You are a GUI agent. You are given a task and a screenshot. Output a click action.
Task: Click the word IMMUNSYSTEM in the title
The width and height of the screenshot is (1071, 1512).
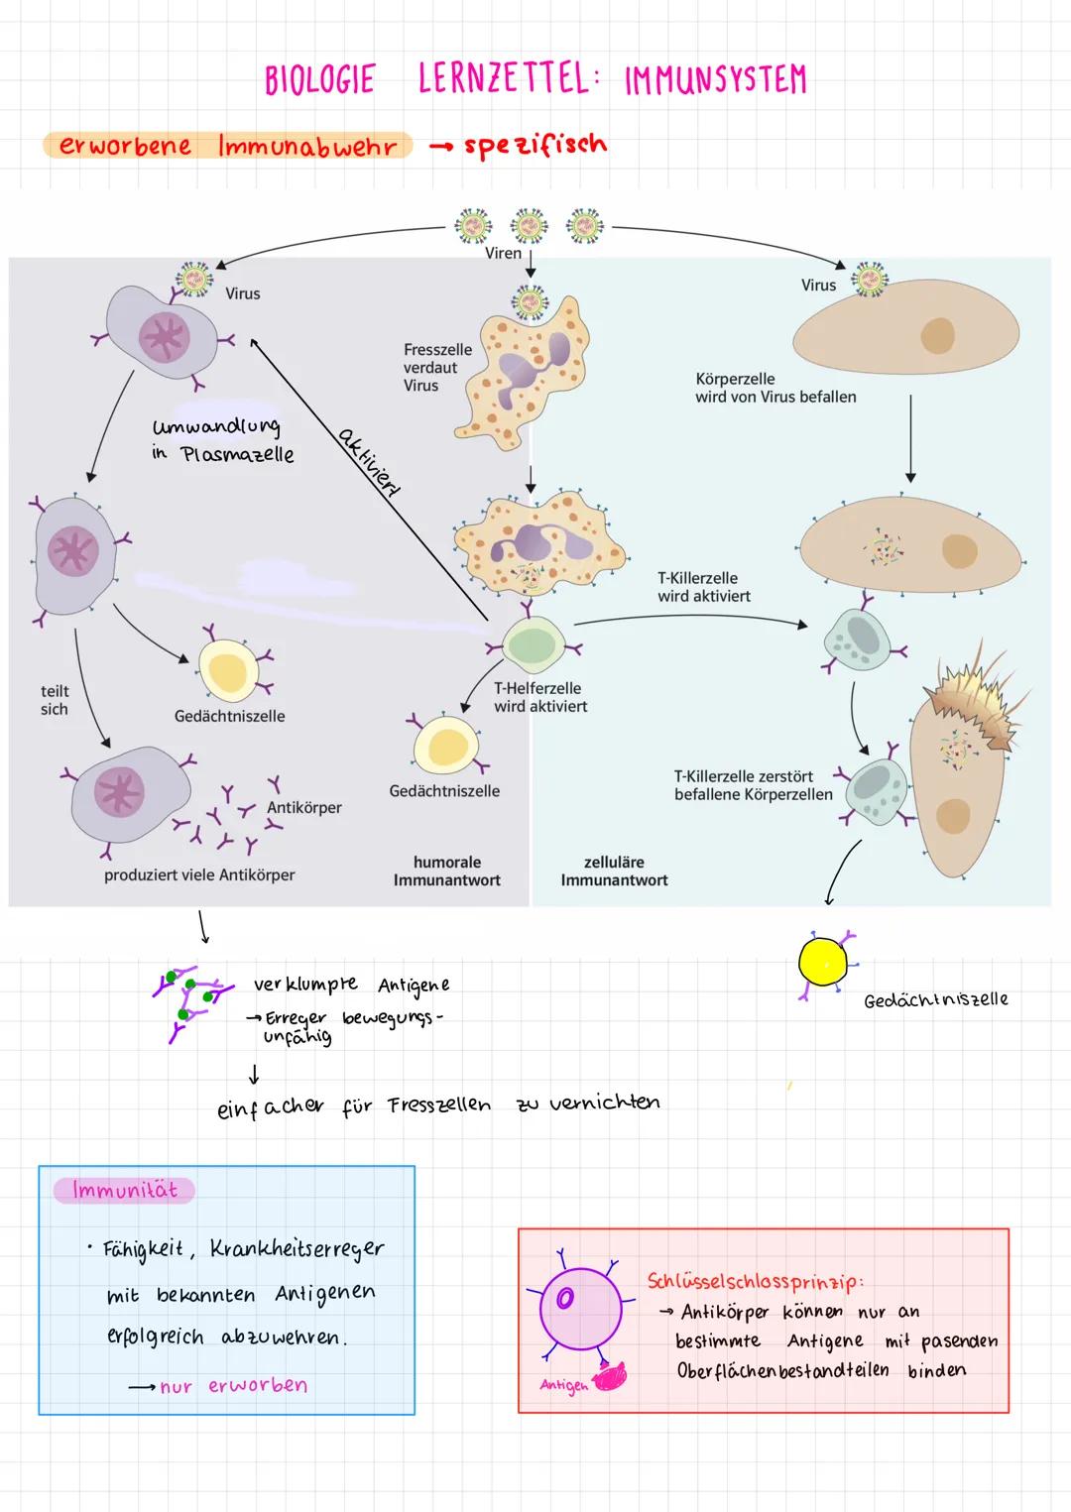(x=715, y=80)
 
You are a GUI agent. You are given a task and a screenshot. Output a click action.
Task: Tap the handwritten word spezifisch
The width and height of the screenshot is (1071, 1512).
(x=535, y=146)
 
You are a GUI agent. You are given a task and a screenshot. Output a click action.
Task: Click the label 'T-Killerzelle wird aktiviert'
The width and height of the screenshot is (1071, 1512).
(x=703, y=587)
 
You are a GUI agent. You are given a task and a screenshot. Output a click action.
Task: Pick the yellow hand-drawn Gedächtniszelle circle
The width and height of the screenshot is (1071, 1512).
(x=823, y=962)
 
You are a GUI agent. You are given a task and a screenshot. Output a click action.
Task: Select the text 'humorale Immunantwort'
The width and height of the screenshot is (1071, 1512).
(x=446, y=872)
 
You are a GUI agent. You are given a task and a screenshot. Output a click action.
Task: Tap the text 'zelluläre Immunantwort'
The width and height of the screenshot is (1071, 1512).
(x=614, y=872)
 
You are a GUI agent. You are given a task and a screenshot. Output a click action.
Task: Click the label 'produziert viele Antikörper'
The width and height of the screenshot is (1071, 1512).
(x=199, y=875)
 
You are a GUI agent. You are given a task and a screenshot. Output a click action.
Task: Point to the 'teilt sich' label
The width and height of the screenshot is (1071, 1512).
(x=55, y=700)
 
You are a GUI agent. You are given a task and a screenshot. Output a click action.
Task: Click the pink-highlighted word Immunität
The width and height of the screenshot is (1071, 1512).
(x=124, y=1190)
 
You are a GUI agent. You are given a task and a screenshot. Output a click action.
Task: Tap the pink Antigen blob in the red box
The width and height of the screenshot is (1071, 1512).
(x=610, y=1377)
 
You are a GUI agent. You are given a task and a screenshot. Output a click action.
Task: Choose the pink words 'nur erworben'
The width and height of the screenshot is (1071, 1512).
(x=233, y=1386)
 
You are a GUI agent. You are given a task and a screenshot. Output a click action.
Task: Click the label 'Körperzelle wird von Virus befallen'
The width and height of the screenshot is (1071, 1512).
(x=775, y=388)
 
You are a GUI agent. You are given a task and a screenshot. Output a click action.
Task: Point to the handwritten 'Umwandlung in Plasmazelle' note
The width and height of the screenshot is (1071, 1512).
(x=222, y=440)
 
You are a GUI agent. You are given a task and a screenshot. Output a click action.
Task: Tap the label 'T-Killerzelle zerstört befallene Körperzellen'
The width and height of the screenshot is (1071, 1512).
(x=753, y=785)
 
